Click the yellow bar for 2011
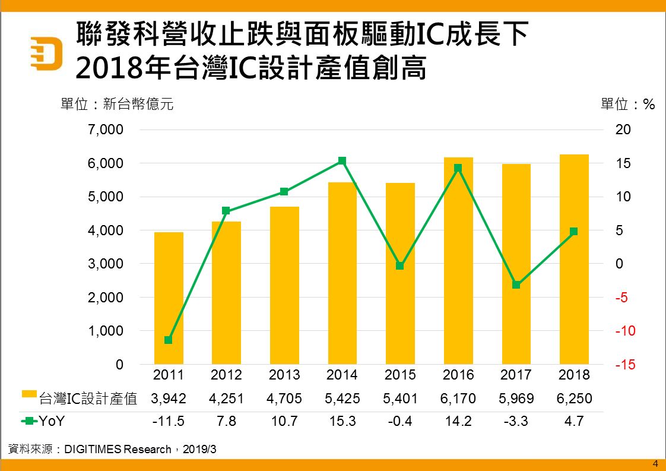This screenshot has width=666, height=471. [x=169, y=298]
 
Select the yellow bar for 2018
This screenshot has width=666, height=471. [x=574, y=260]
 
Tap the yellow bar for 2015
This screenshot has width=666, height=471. [x=400, y=273]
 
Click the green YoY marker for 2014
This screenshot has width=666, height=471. [x=342, y=161]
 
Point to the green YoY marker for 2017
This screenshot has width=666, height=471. [x=516, y=285]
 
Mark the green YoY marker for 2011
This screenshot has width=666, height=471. [x=169, y=340]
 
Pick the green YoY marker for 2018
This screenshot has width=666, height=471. [x=573, y=232]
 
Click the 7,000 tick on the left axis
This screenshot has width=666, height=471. [x=106, y=129]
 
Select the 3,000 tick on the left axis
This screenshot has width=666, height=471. [x=106, y=264]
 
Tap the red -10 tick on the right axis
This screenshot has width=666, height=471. [x=624, y=331]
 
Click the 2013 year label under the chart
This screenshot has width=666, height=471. [x=284, y=375]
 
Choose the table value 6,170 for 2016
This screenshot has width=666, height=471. [x=458, y=398]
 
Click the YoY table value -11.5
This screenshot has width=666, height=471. [x=169, y=422]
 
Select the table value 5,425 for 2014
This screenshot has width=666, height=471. [x=342, y=398]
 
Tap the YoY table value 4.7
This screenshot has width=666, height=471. [x=574, y=422]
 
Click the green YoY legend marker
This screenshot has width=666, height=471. [x=28, y=422]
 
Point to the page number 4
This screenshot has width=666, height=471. [x=655, y=464]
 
